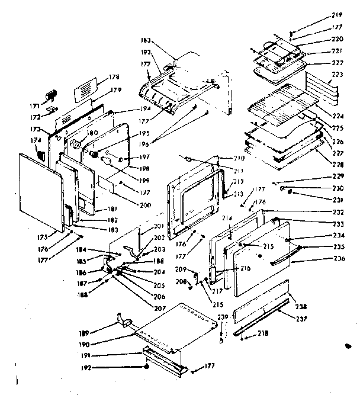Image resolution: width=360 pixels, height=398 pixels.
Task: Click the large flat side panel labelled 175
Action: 40,190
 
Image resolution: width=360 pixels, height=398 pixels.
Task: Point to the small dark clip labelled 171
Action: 51,95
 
